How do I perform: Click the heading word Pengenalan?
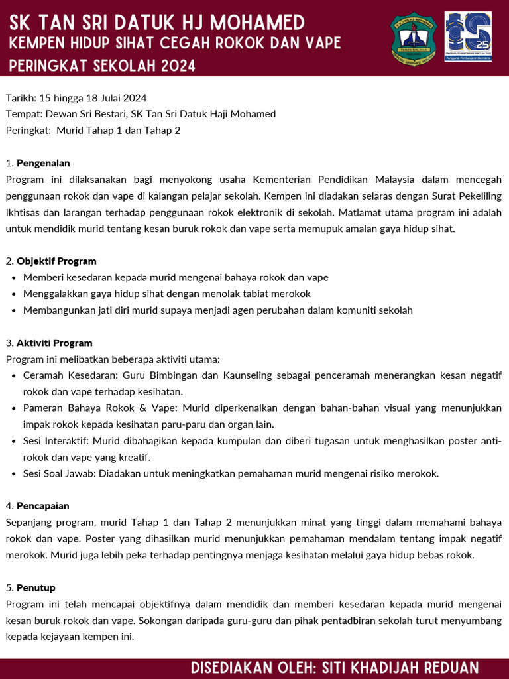(43, 163)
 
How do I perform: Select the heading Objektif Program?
(56, 261)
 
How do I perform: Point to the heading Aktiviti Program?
(54, 343)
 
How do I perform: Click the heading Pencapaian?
(43, 507)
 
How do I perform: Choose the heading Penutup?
(36, 588)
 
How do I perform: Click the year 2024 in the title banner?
(177, 66)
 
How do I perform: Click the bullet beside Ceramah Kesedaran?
(15, 376)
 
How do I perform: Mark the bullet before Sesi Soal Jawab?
(15, 474)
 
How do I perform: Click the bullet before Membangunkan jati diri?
(15, 310)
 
